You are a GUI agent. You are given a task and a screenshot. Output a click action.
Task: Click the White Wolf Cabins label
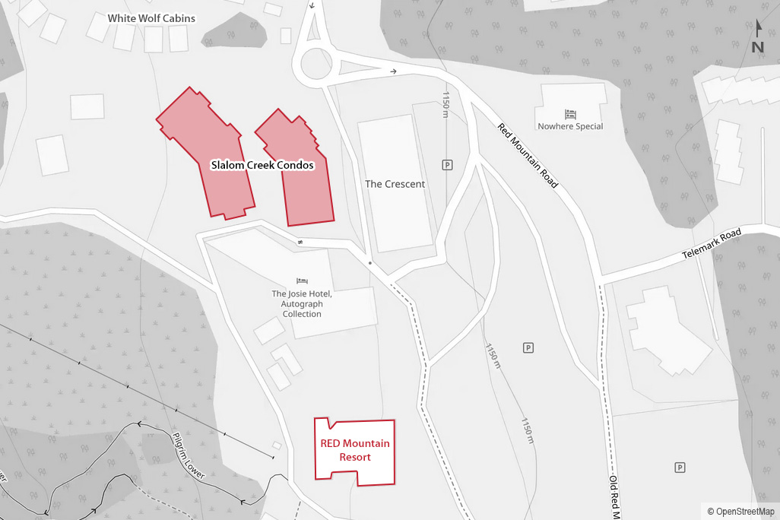click(151, 18)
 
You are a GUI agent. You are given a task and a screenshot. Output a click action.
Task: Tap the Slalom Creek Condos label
click(262, 165)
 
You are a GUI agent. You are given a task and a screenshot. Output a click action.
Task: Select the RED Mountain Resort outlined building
click(355, 451)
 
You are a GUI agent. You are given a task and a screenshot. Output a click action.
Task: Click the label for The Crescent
click(395, 184)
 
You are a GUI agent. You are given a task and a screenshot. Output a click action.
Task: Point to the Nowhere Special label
click(570, 126)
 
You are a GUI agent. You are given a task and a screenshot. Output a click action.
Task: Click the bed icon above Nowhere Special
click(570, 114)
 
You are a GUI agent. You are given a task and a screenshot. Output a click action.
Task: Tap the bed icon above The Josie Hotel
click(302, 281)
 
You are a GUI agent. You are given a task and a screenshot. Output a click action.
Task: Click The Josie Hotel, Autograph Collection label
click(302, 303)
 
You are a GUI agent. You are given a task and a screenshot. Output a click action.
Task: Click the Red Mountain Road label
click(528, 156)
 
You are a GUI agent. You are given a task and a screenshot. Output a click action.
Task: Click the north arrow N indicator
click(758, 38)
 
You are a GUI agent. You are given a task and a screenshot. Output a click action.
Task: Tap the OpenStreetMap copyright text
click(740, 512)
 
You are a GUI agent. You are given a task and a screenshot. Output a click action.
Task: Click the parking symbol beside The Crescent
click(447, 164)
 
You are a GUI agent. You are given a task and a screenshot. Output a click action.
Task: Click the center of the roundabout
click(317, 65)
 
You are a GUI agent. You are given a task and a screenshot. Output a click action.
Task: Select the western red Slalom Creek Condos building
click(205, 152)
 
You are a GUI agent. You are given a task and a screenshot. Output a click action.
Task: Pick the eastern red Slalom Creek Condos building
click(299, 171)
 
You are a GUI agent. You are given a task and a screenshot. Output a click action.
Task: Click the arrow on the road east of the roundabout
click(393, 71)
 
